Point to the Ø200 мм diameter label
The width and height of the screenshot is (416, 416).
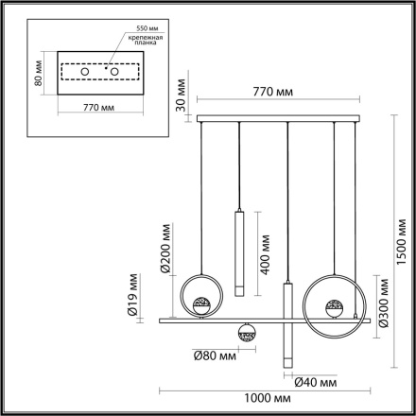(165, 249)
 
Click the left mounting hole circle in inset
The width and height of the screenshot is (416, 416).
(83, 71)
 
